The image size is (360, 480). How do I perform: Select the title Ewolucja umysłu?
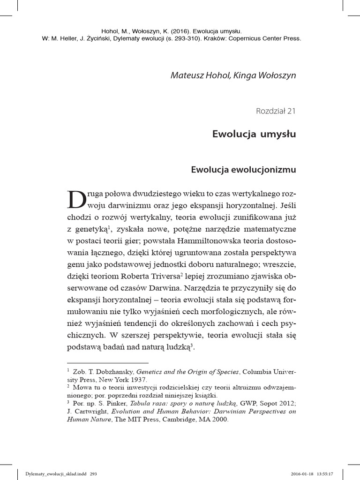click(254, 135)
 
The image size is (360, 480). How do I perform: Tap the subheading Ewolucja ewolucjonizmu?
click(243, 170)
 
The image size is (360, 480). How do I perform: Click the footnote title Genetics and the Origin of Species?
click(188, 372)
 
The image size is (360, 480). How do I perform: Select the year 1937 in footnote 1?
click(139, 379)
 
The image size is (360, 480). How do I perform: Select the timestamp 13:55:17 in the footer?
click(324, 473)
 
